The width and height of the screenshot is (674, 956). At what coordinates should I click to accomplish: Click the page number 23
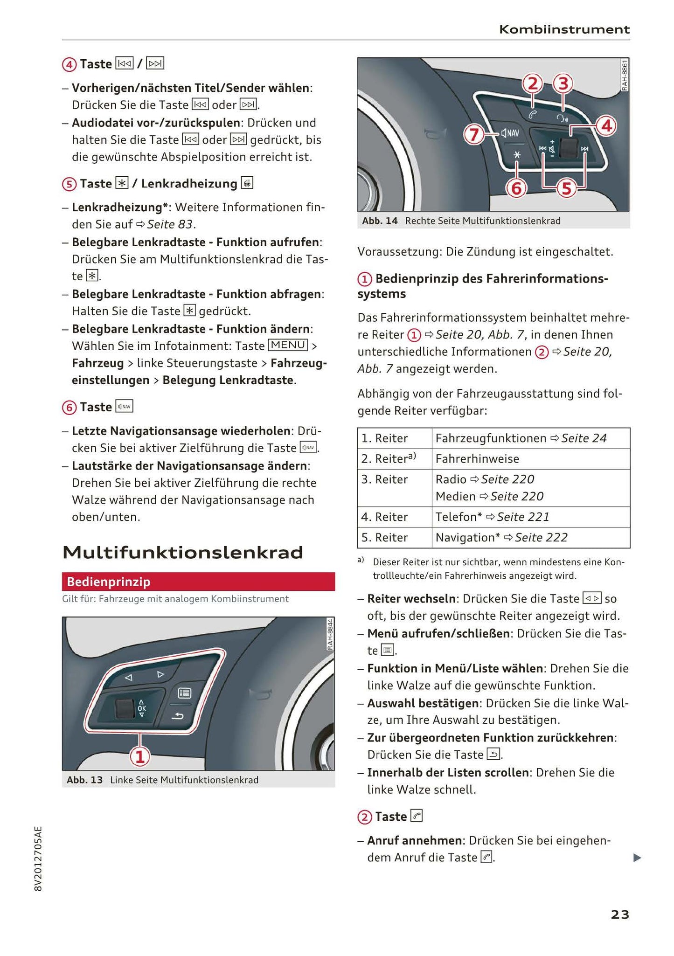tap(619, 914)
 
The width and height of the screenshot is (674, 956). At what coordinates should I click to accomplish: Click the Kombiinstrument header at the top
tap(564, 29)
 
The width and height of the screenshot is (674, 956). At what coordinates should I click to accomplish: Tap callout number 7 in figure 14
tap(474, 135)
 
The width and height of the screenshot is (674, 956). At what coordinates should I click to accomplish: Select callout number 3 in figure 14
tap(563, 84)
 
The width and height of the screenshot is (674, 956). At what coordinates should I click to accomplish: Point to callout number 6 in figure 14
tap(516, 188)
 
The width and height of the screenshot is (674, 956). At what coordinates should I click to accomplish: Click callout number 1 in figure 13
tap(139, 756)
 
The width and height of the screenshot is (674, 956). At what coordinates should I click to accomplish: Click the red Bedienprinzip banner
tap(198, 582)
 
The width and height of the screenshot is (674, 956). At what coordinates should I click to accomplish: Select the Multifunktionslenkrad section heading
tap(183, 553)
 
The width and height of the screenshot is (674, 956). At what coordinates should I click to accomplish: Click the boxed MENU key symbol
tap(288, 345)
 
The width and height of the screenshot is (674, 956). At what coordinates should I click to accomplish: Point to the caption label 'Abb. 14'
tap(380, 221)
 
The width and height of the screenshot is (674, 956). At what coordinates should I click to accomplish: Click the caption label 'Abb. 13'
tap(84, 780)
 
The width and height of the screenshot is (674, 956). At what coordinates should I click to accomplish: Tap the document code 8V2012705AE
tap(38, 859)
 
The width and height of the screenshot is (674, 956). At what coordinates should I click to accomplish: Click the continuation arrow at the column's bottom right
tap(637, 858)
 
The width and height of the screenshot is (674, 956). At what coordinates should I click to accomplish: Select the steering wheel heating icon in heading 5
tap(247, 183)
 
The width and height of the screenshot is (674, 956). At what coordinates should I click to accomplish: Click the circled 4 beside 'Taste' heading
tap(69, 64)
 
